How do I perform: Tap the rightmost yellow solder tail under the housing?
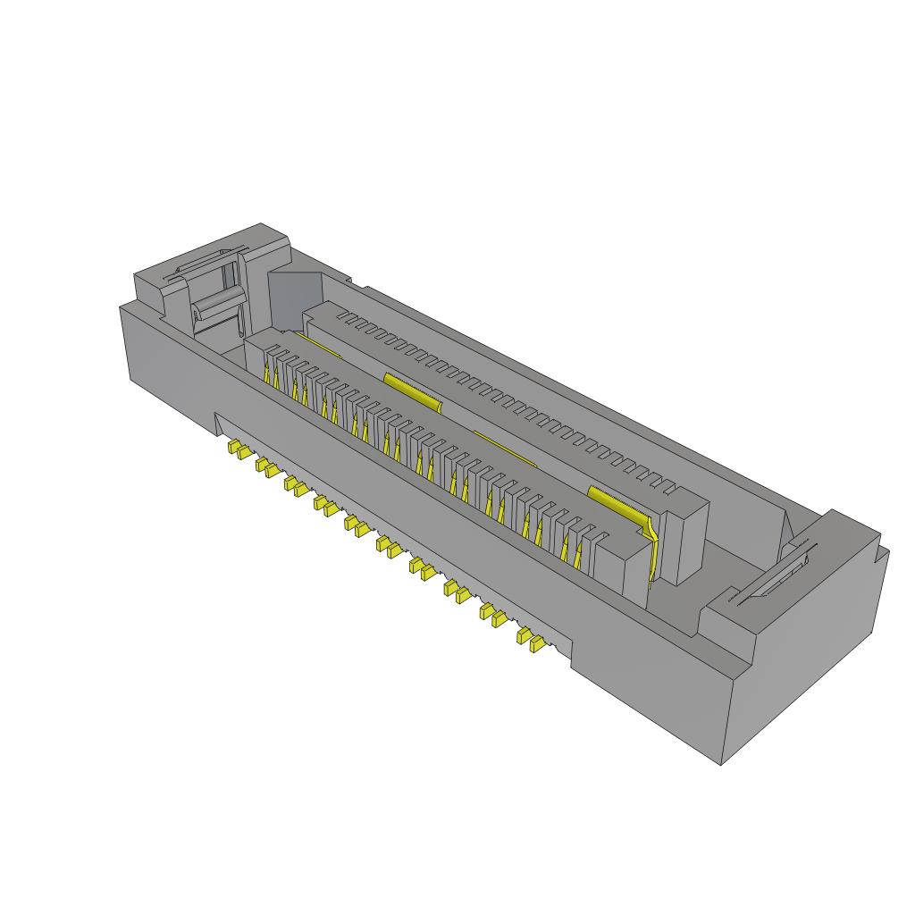536,642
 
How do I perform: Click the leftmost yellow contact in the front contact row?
267,375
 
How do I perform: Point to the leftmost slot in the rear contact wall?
340,316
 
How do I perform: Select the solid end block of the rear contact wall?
684,536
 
